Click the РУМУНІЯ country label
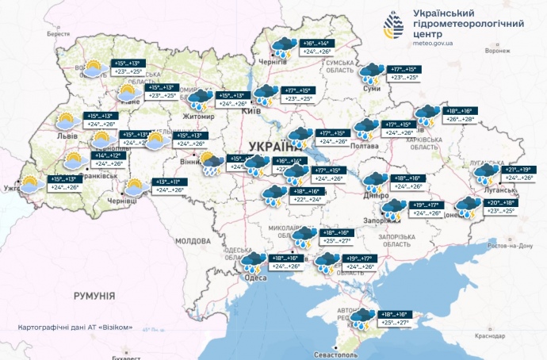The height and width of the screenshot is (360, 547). [94, 295]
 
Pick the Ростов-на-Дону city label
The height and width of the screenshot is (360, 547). [509, 246]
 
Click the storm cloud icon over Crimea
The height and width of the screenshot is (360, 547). [364, 318]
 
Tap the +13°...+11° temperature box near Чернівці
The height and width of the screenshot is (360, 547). [168, 182]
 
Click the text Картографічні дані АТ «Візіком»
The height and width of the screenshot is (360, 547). [75, 327]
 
